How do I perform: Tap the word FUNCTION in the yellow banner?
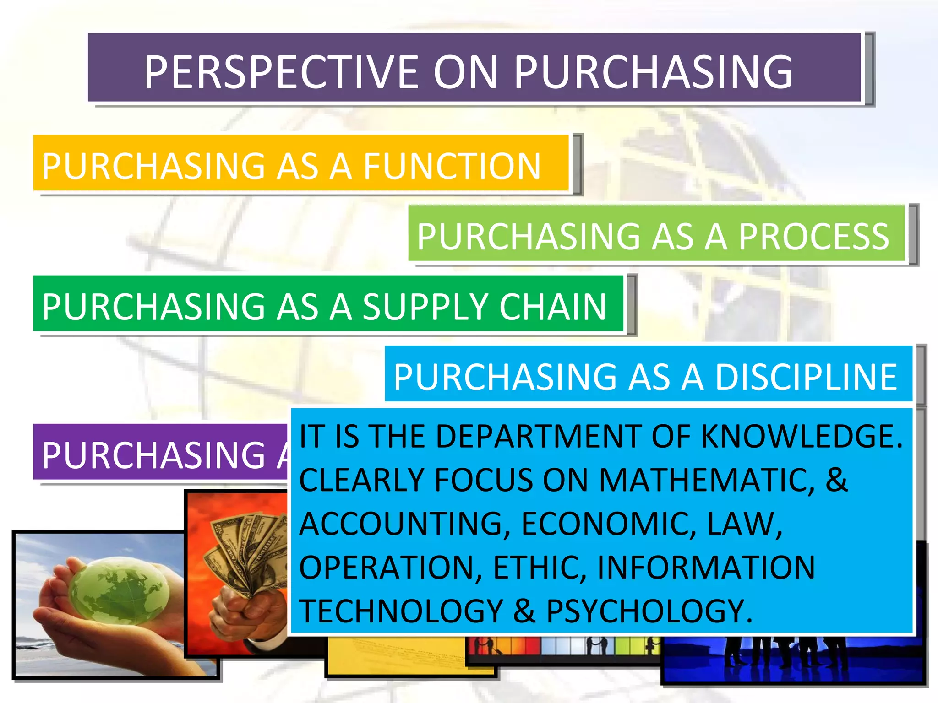(452, 166)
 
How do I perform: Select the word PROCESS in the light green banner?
(813, 237)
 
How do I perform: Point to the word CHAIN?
(553, 307)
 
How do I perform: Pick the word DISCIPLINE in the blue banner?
(806, 377)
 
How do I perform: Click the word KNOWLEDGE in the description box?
(802, 436)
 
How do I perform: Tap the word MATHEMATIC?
(707, 480)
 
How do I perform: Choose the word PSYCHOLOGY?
(649, 611)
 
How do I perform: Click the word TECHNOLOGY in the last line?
(401, 611)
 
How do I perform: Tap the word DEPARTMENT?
(508, 436)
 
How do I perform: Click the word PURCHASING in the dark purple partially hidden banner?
(153, 455)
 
